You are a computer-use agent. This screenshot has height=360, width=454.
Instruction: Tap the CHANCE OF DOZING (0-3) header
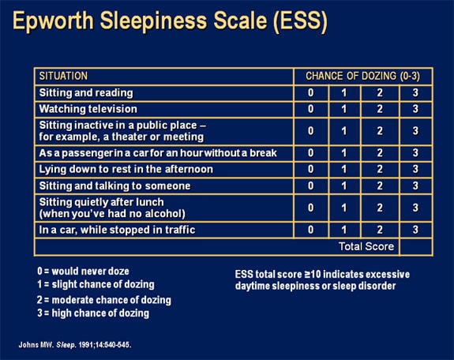(356, 77)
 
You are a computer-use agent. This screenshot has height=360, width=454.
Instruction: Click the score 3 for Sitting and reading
(415, 93)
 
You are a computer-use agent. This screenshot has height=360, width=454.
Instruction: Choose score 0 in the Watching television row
(311, 109)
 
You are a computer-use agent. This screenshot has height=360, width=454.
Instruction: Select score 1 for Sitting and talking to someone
(344, 186)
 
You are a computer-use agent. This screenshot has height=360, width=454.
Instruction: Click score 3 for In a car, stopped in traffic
(415, 230)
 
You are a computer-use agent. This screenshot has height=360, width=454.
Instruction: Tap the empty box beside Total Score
(415, 246)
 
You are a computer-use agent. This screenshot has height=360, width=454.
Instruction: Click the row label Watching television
(88, 109)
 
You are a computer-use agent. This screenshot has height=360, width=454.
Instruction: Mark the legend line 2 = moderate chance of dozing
(103, 300)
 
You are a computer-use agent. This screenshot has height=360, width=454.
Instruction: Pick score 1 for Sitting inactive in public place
(344, 131)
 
